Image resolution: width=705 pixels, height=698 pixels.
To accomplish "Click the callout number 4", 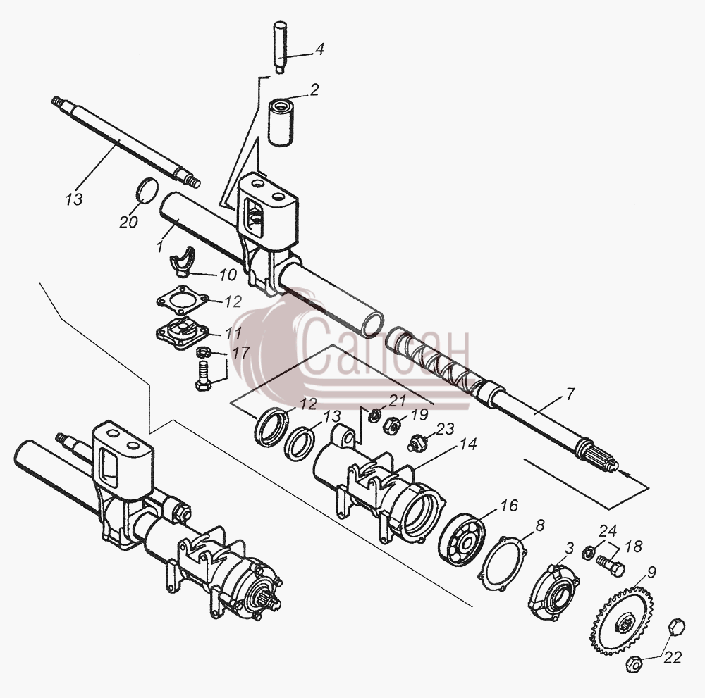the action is [x=319, y=49].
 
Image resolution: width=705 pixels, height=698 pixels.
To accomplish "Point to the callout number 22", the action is [x=673, y=657].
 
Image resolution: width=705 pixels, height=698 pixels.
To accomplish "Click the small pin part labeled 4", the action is [x=281, y=46].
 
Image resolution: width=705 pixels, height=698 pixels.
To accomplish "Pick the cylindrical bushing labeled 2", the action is [x=281, y=123].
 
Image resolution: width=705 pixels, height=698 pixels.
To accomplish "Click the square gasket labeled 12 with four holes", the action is [x=182, y=300].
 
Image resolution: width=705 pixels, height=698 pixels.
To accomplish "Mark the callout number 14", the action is [x=467, y=444].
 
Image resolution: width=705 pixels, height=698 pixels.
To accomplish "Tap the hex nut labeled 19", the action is [x=391, y=425].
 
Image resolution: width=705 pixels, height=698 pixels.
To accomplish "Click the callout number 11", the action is [x=233, y=333].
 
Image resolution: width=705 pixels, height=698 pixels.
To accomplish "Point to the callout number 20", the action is [x=128, y=221].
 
